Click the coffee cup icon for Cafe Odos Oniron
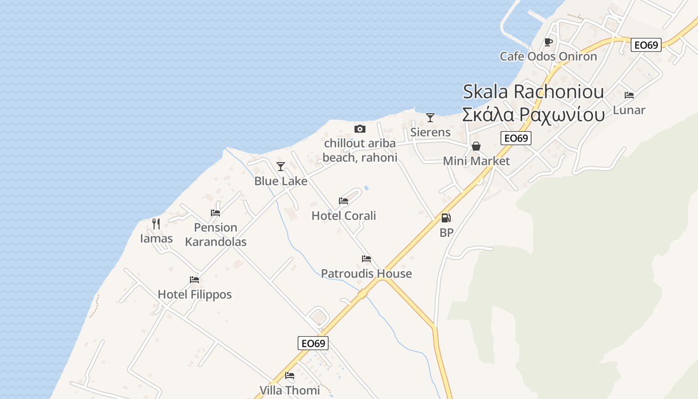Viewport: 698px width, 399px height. (548, 42)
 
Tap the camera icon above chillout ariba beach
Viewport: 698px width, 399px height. (359, 129)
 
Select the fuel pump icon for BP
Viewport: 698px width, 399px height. (446, 218)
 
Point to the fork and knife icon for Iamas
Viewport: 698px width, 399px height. (156, 223)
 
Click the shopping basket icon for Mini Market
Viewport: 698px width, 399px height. (476, 146)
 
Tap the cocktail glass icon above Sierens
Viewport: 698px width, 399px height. (430, 118)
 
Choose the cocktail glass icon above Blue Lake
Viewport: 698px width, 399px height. (281, 166)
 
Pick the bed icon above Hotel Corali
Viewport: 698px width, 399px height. (344, 201)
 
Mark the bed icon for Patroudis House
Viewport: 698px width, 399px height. (366, 259)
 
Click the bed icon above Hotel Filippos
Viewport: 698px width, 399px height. (194, 280)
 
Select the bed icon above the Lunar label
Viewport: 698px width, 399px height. (629, 95)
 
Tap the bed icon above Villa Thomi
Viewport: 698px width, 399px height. (290, 376)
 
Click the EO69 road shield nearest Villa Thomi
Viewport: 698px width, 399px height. (313, 343)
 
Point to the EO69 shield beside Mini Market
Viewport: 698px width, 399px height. (516, 138)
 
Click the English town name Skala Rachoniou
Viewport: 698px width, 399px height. (533, 91)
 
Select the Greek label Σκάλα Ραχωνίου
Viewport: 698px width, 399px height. (533, 115)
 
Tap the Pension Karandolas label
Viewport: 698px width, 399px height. (215, 234)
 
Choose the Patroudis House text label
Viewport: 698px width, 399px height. (366, 273)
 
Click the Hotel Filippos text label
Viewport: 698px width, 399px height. (194, 294)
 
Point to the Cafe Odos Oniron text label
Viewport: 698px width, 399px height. (548, 56)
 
